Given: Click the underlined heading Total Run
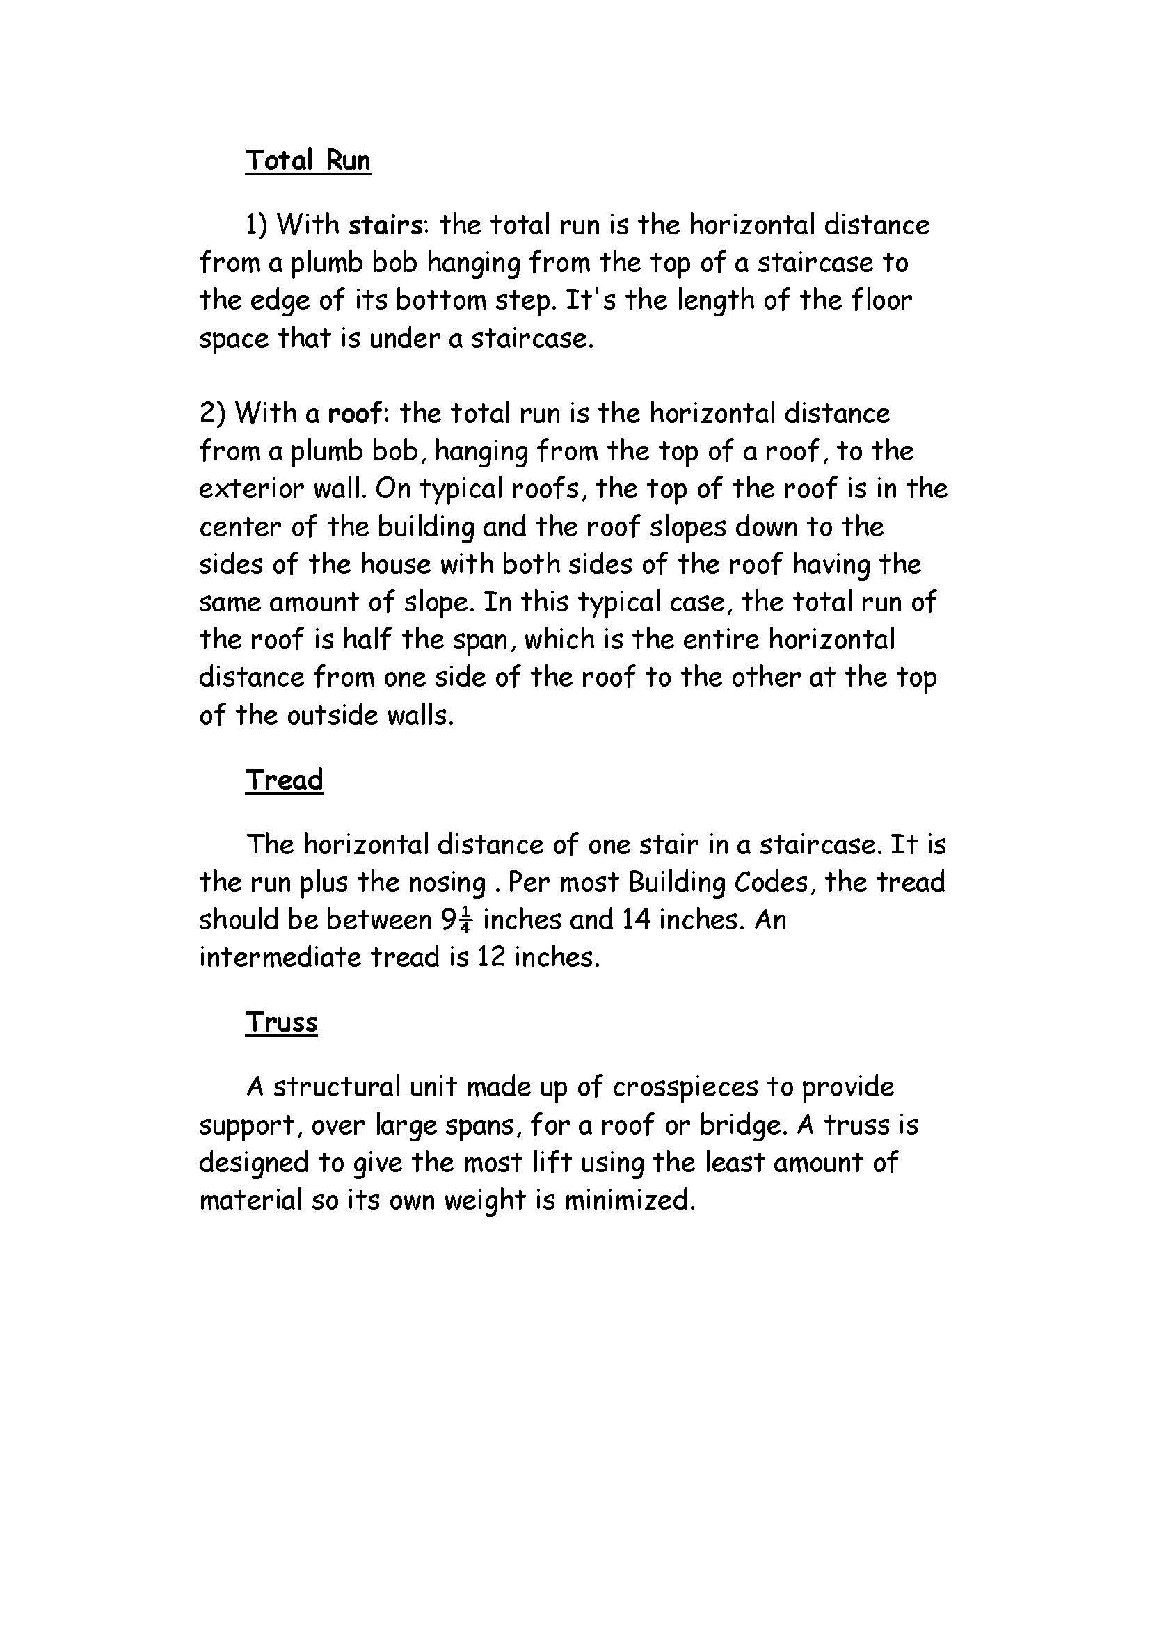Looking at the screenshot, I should pyautogui.click(x=308, y=160).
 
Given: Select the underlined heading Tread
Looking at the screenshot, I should pyautogui.click(x=284, y=780).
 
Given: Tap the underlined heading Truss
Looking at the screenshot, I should pyautogui.click(x=281, y=1022).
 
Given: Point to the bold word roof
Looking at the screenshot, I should pyautogui.click(x=354, y=413).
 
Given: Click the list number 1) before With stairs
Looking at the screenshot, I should pyautogui.click(x=257, y=225).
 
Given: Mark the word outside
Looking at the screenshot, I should pyautogui.click(x=333, y=715).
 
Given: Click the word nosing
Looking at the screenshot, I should pyautogui.click(x=447, y=883).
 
